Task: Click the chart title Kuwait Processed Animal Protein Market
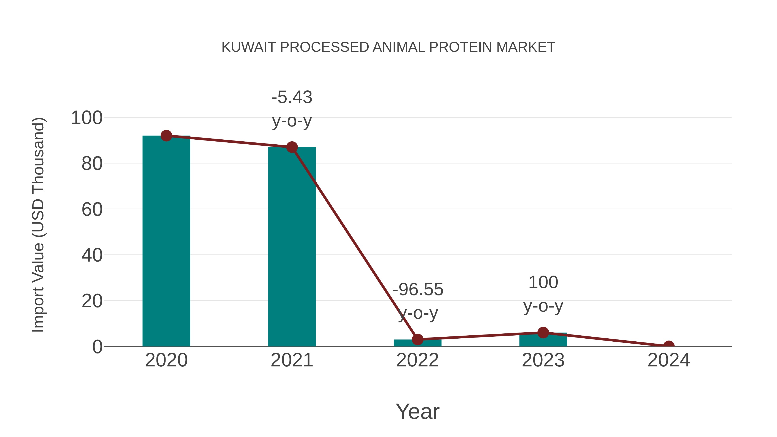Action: [388, 47]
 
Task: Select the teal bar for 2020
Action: [166, 241]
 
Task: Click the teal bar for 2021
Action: [292, 247]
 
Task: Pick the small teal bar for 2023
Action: [543, 340]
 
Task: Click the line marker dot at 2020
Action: [166, 136]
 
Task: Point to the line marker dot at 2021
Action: [292, 147]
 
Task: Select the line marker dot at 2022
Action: [417, 339]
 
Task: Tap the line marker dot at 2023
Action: [543, 333]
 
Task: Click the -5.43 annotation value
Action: [292, 97]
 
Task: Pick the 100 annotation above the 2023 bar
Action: [543, 282]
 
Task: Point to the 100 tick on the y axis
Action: [87, 118]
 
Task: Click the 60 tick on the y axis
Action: [92, 209]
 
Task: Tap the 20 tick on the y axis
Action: [92, 301]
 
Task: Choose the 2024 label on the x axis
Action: [669, 360]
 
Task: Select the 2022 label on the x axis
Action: [417, 360]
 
